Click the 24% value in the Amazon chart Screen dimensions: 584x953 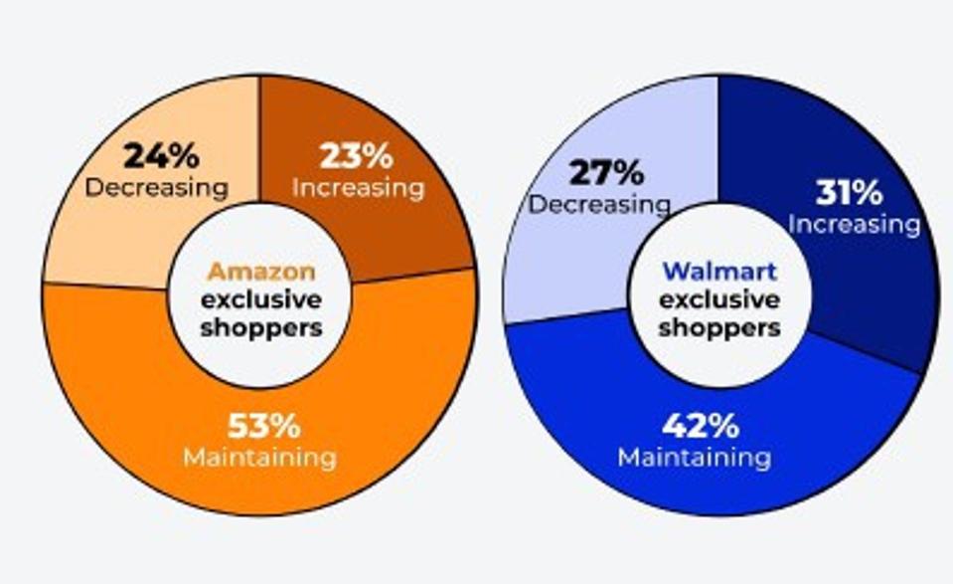pos(161,156)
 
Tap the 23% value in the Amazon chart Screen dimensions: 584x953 pos(356,156)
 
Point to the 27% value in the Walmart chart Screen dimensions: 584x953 pos(605,172)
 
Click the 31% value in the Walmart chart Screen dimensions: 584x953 pos(852,192)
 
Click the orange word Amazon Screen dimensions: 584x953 pos(260,272)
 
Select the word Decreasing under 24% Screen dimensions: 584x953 pos(157,187)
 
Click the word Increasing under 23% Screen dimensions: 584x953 pos(359,187)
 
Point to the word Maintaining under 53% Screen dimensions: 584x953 pos(259,458)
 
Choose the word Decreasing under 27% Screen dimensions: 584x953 pos(598,204)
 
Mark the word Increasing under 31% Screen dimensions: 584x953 pos(855,224)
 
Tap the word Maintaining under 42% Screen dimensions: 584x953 pos(695,458)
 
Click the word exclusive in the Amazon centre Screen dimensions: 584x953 pos(260,298)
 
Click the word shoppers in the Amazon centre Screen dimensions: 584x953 pos(260,326)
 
